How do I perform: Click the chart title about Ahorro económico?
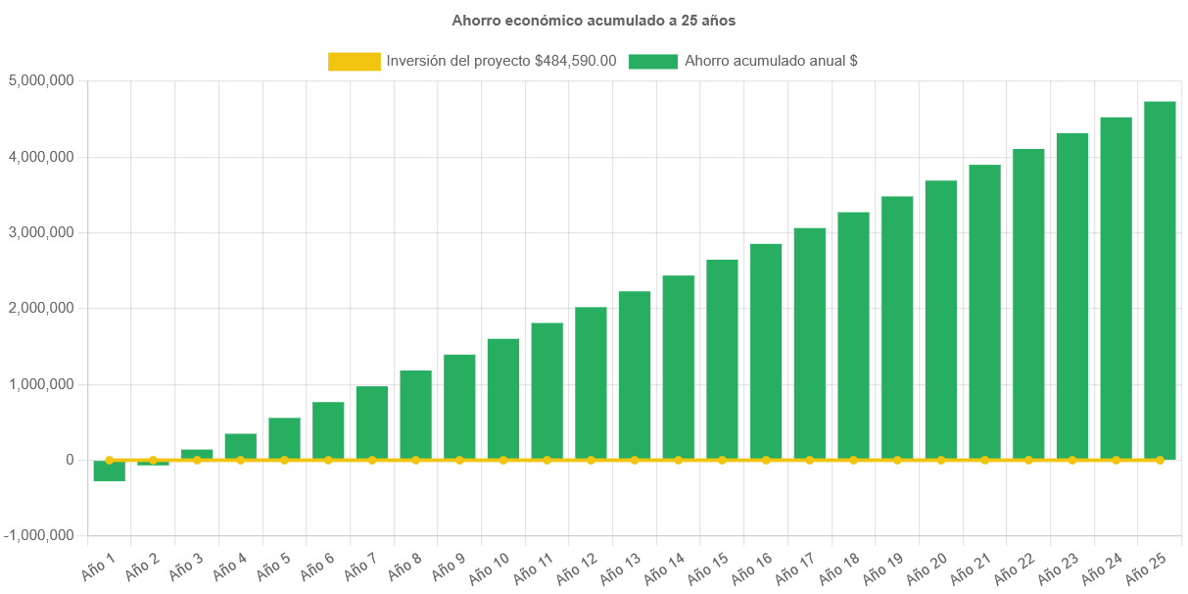point(594,20)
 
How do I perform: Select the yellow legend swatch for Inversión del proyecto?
point(354,61)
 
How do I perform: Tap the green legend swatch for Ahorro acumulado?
point(653,61)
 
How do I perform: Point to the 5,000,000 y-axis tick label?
point(40,80)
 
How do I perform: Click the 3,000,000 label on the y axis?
point(40,232)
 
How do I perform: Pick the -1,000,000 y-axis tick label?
point(38,535)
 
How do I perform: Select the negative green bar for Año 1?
point(109,470)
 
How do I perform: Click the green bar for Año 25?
point(1160,279)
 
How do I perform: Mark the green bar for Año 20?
point(941,320)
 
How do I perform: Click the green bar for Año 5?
point(284,438)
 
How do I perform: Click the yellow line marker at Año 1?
point(109,460)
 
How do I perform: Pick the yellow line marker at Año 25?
point(1160,460)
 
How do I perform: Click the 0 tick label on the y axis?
point(69,460)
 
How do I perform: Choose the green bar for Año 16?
point(766,351)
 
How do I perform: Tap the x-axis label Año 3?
point(186,568)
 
